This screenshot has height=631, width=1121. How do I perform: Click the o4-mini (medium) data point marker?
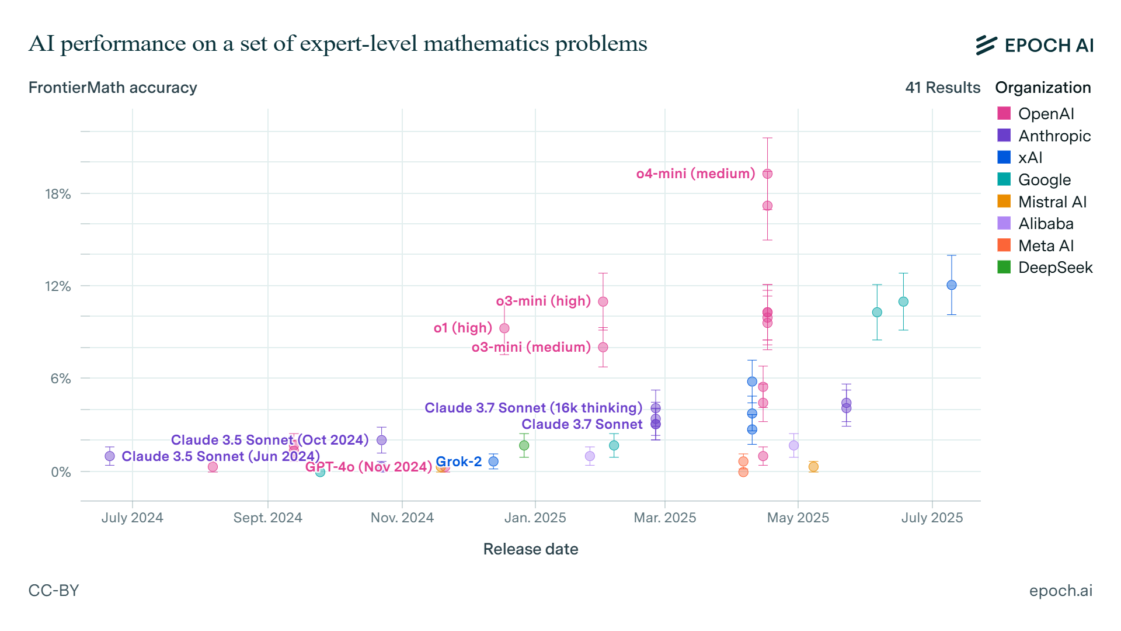click(767, 174)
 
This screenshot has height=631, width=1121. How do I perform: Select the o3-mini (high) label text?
click(543, 301)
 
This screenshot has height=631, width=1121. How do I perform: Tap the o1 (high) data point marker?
click(504, 328)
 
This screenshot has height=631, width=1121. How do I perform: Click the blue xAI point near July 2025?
click(951, 285)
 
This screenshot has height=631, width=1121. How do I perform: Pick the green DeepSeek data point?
click(524, 445)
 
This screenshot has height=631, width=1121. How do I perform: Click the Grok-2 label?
click(458, 462)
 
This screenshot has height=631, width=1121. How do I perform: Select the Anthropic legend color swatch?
click(1004, 136)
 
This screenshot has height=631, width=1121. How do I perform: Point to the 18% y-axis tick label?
click(58, 194)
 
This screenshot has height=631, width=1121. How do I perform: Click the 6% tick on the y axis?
click(60, 379)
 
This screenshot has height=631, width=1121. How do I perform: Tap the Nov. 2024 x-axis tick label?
click(402, 518)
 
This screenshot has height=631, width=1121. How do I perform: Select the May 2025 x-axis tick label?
click(798, 518)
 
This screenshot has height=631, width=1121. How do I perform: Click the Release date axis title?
click(530, 549)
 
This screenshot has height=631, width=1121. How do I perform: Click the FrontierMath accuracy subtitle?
click(113, 88)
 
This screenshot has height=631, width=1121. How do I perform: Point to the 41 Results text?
click(942, 88)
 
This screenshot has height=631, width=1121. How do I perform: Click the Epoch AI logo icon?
click(986, 45)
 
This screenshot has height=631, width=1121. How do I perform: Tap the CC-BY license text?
click(54, 590)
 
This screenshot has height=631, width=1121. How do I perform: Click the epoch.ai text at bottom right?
click(1060, 590)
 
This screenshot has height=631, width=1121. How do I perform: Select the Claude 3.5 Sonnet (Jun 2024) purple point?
click(110, 456)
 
